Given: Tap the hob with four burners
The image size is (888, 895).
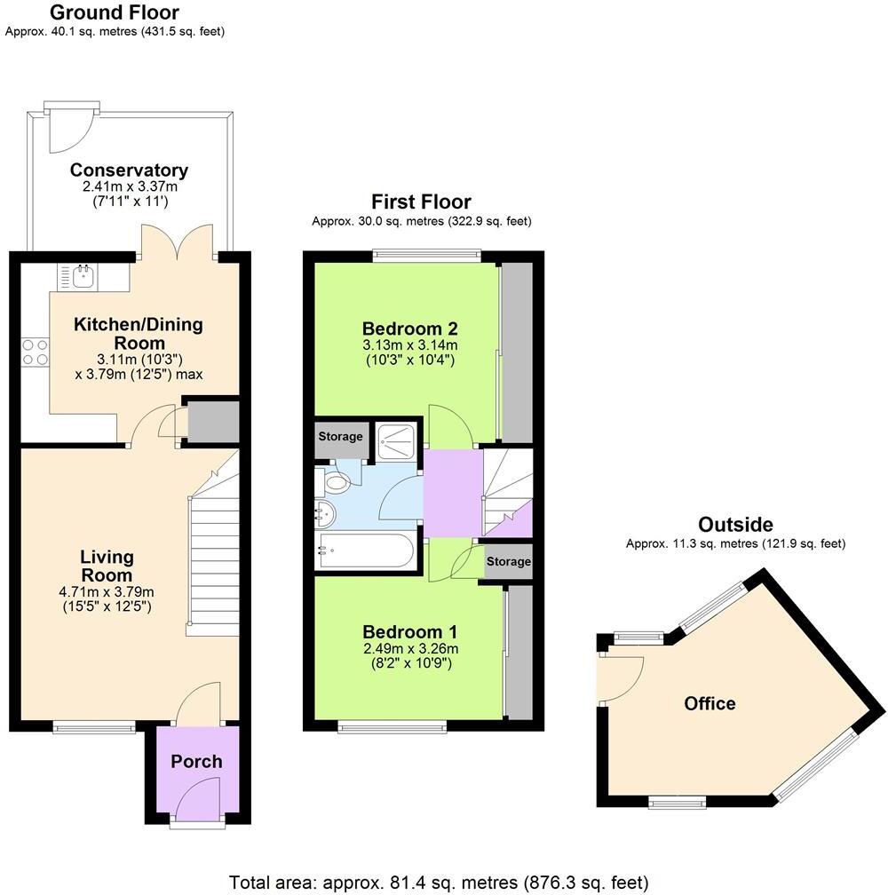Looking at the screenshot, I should [36, 352].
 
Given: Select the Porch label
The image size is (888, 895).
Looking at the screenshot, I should [196, 761].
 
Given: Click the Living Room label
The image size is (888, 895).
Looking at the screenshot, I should [107, 566].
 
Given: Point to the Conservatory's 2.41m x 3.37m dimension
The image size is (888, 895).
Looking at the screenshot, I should [129, 186].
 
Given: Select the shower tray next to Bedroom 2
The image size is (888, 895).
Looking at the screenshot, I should [397, 440].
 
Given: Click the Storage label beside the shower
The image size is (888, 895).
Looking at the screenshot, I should [341, 437].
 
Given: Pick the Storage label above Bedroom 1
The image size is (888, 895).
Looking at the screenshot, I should [509, 562].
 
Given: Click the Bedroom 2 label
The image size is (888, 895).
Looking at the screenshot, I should [409, 325].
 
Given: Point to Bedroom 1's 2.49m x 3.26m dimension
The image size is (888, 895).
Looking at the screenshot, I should [409, 648].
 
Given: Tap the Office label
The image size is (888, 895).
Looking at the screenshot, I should [710, 704].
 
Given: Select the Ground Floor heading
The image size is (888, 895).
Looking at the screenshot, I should [114, 12].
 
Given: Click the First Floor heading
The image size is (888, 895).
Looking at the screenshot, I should [421, 202].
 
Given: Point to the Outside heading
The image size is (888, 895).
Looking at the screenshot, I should [735, 525].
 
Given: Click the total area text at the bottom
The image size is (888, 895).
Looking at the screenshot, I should [439, 883].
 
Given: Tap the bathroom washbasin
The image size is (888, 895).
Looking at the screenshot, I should [325, 512].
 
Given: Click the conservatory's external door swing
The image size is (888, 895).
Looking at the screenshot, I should [67, 130].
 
